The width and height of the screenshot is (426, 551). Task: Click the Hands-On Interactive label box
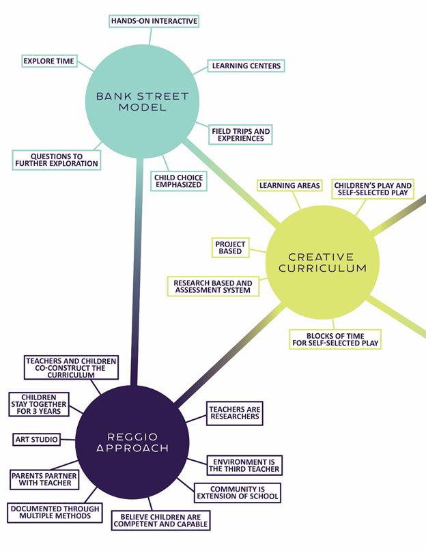click(x=154, y=21)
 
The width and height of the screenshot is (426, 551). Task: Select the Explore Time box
click(x=49, y=61)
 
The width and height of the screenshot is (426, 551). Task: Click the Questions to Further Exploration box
click(x=57, y=160)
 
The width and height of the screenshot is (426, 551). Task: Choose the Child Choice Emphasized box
click(x=177, y=181)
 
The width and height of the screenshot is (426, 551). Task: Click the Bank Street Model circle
click(x=141, y=102)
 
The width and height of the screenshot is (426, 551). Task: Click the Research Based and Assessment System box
click(x=212, y=287)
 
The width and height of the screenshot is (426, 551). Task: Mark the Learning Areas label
click(x=289, y=186)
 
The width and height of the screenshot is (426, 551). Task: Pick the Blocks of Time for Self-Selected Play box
click(x=335, y=339)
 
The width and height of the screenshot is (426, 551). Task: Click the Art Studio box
click(x=36, y=439)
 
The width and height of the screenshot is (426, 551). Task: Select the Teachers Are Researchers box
click(x=234, y=413)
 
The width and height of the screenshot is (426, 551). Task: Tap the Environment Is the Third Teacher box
click(x=244, y=466)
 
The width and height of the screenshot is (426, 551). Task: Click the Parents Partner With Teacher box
click(x=44, y=479)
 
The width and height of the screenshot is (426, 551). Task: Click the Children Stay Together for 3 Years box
click(x=39, y=403)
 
